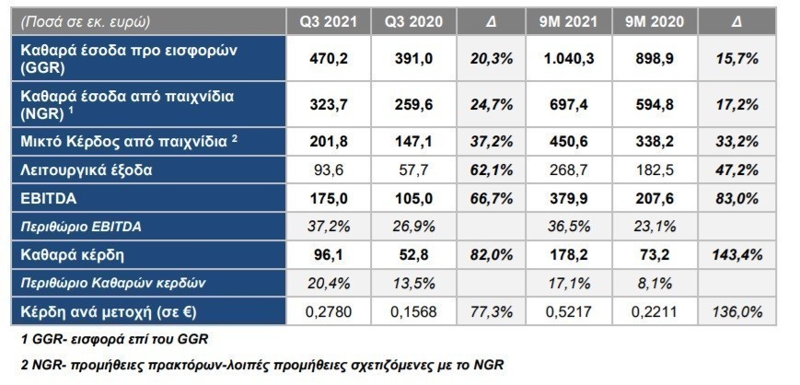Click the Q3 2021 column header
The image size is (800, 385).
[x=328, y=22]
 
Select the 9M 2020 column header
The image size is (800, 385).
[x=655, y=22]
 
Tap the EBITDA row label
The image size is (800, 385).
[x=49, y=199]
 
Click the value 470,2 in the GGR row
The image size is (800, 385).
[x=328, y=59]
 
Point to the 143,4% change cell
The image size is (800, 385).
[x=735, y=255]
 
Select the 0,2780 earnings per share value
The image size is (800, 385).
[x=328, y=311]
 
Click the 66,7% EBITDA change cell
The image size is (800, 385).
[x=492, y=199]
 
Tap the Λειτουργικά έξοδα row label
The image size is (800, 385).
[x=87, y=170]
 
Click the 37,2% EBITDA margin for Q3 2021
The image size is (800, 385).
[x=328, y=227]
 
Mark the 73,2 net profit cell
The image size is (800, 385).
[x=655, y=255]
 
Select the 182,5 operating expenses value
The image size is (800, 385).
[x=655, y=170]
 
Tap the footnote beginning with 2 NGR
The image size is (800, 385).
[x=261, y=366]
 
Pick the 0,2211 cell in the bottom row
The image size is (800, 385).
[x=655, y=311]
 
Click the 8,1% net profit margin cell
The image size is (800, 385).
[x=655, y=283]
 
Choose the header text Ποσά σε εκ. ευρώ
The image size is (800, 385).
[x=86, y=22]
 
